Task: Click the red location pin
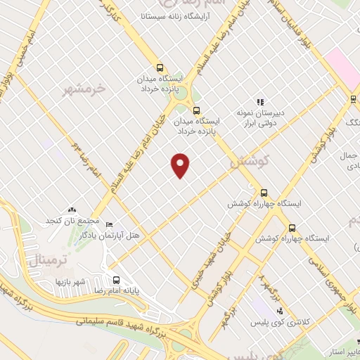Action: (x=181, y=165)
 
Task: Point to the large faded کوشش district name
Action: (x=247, y=162)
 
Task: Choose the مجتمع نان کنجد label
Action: (x=70, y=220)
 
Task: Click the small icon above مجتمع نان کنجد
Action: (x=71, y=210)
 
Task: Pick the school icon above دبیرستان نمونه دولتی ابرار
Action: (x=260, y=103)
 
